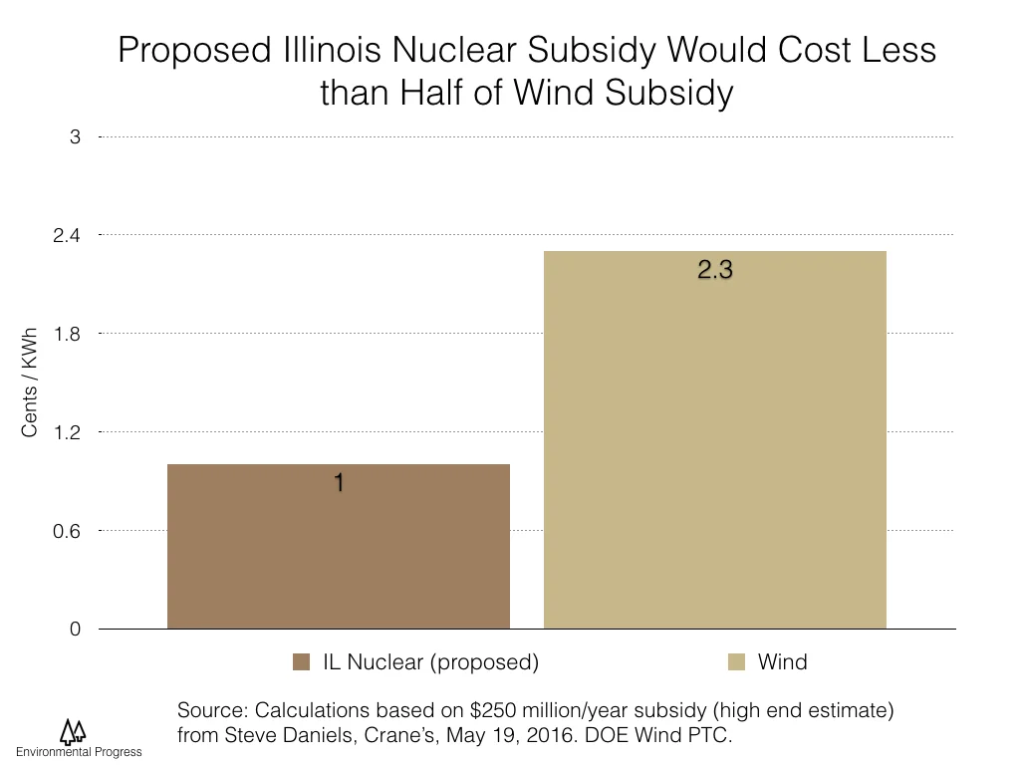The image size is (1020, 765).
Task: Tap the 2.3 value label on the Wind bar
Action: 714,270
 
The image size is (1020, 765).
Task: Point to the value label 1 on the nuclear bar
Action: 339,483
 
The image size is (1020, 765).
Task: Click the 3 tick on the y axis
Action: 75,136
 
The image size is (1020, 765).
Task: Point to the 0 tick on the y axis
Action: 75,630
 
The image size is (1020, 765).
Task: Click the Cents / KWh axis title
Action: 29,382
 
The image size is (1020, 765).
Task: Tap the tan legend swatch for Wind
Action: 737,662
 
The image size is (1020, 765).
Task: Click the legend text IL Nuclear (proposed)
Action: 429,662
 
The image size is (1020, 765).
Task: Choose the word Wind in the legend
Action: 782,662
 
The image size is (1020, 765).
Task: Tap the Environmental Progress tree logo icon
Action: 72,732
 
